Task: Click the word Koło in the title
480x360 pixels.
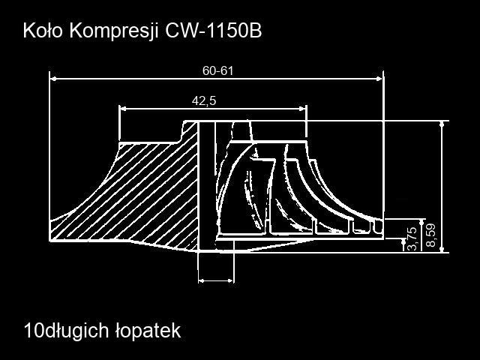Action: (x=43, y=31)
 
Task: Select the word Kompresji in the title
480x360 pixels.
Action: (x=114, y=31)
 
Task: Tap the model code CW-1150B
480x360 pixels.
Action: (x=214, y=31)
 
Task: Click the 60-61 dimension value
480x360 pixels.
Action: (x=217, y=70)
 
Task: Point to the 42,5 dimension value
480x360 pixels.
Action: (x=204, y=100)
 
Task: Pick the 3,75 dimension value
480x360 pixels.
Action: (x=412, y=238)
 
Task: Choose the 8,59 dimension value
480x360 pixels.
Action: (x=430, y=235)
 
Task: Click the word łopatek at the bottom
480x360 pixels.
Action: (x=148, y=331)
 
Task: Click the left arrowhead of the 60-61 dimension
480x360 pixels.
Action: (x=53, y=79)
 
